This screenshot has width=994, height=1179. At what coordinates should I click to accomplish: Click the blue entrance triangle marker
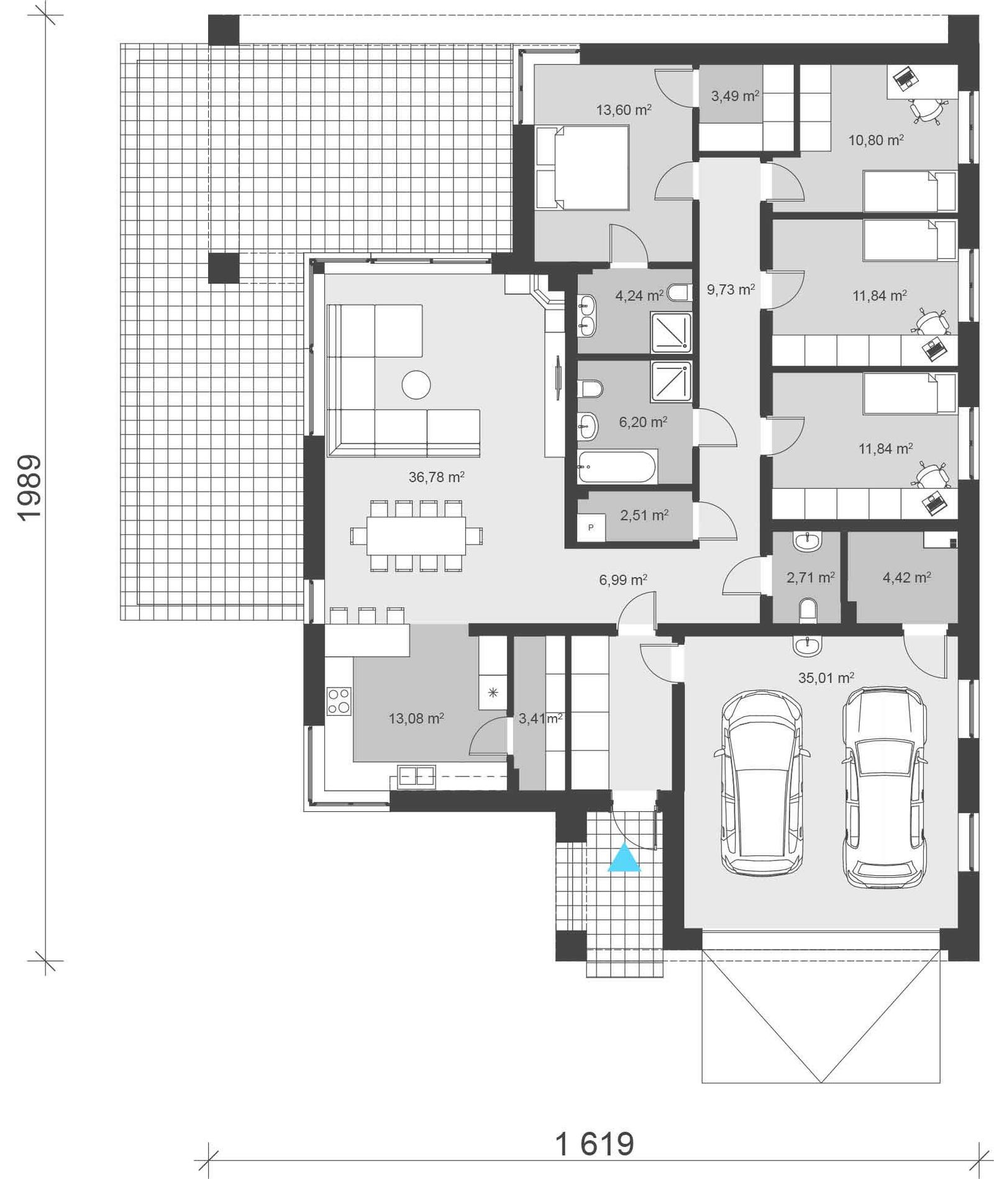624,859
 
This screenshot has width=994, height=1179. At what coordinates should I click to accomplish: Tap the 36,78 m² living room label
436,477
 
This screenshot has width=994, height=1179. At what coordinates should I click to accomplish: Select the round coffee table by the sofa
416,385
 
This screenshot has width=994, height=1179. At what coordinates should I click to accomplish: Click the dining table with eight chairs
416,535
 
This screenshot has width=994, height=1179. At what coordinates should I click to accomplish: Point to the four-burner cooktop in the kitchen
339,701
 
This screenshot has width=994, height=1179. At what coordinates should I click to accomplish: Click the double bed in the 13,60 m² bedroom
582,167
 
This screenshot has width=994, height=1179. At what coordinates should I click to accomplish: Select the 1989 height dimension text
29,488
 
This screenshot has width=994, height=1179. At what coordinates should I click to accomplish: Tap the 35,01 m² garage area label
826,678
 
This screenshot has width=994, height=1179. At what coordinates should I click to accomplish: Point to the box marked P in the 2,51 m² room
591,527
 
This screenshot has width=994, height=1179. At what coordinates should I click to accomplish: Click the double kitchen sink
416,776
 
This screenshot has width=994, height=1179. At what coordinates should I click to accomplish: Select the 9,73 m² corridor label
731,289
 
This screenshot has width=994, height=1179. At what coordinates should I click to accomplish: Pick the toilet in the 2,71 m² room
807,610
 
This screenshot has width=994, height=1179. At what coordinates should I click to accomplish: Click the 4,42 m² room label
906,578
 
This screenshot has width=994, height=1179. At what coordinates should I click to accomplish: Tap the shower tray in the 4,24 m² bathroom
671,332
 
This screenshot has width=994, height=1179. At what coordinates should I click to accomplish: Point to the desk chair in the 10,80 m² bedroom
926,112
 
